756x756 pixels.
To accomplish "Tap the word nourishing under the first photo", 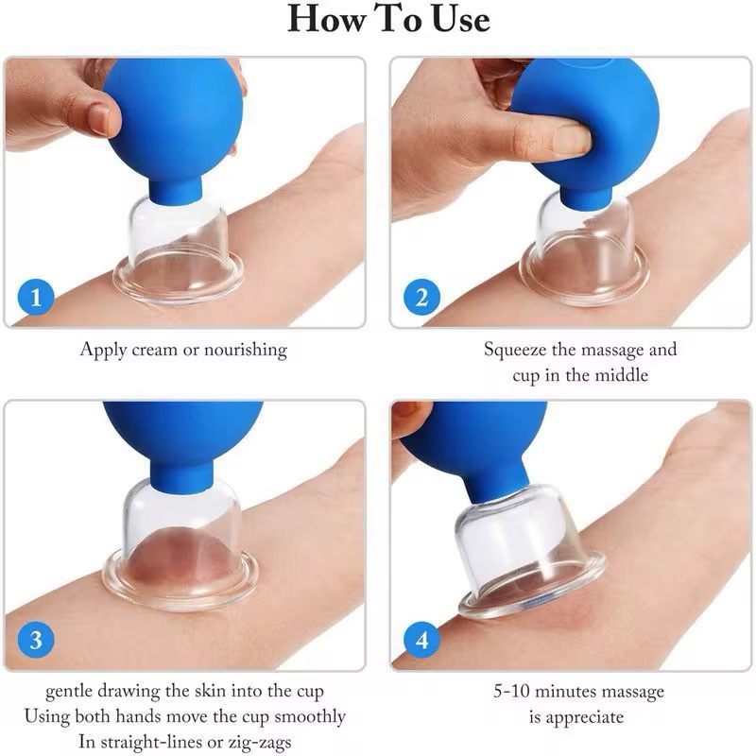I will coord(242,351).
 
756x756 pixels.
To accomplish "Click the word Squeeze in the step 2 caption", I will coord(518,350).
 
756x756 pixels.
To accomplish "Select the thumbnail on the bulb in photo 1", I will coord(98,119).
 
